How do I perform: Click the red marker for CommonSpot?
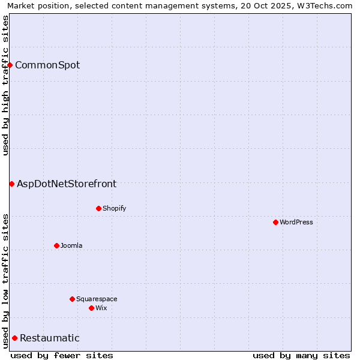tap(10, 65)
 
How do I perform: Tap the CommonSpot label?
tap(47, 65)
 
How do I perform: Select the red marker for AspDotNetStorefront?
tap(11, 184)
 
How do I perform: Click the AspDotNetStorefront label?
tap(67, 184)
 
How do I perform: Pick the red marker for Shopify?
tap(98, 208)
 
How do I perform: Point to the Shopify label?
tap(114, 208)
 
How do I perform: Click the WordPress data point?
tap(275, 222)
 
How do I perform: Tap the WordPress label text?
tap(296, 222)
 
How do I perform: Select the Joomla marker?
tap(56, 245)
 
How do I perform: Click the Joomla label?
tap(71, 245)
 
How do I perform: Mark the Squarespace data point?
tap(72, 299)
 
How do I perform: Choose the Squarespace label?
tap(97, 299)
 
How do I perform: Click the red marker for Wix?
tap(91, 308)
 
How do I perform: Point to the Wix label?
tap(101, 308)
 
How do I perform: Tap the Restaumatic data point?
tap(14, 338)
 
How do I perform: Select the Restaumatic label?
tap(50, 338)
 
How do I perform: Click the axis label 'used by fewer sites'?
tap(62, 355)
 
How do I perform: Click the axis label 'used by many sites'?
tap(301, 355)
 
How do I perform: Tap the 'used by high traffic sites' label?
tap(5, 85)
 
